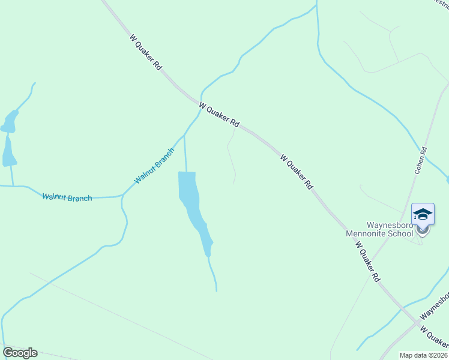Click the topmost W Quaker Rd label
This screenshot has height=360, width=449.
tap(146, 52)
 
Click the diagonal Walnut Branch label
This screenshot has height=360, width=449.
tap(154, 166)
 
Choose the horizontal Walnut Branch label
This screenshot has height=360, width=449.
tap(67, 197)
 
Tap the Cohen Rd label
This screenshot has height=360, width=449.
tap(420, 160)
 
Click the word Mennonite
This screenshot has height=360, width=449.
tap(372, 233)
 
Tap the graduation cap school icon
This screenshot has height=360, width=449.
tap(423, 214)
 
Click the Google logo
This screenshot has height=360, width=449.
tap(20, 353)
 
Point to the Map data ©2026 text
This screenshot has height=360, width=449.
tap(423, 355)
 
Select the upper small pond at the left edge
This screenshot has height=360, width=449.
tap(9, 122)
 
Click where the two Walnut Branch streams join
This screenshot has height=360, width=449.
tap(122, 196)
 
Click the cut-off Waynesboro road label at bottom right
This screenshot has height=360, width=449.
tap(435, 306)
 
